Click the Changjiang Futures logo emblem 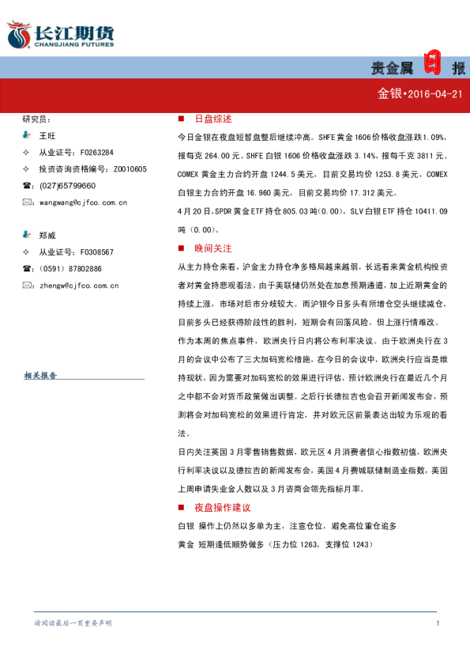17,36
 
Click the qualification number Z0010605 130,168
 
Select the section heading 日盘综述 212,119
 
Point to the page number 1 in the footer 437,624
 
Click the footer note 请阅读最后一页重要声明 73,624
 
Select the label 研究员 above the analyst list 36,119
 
